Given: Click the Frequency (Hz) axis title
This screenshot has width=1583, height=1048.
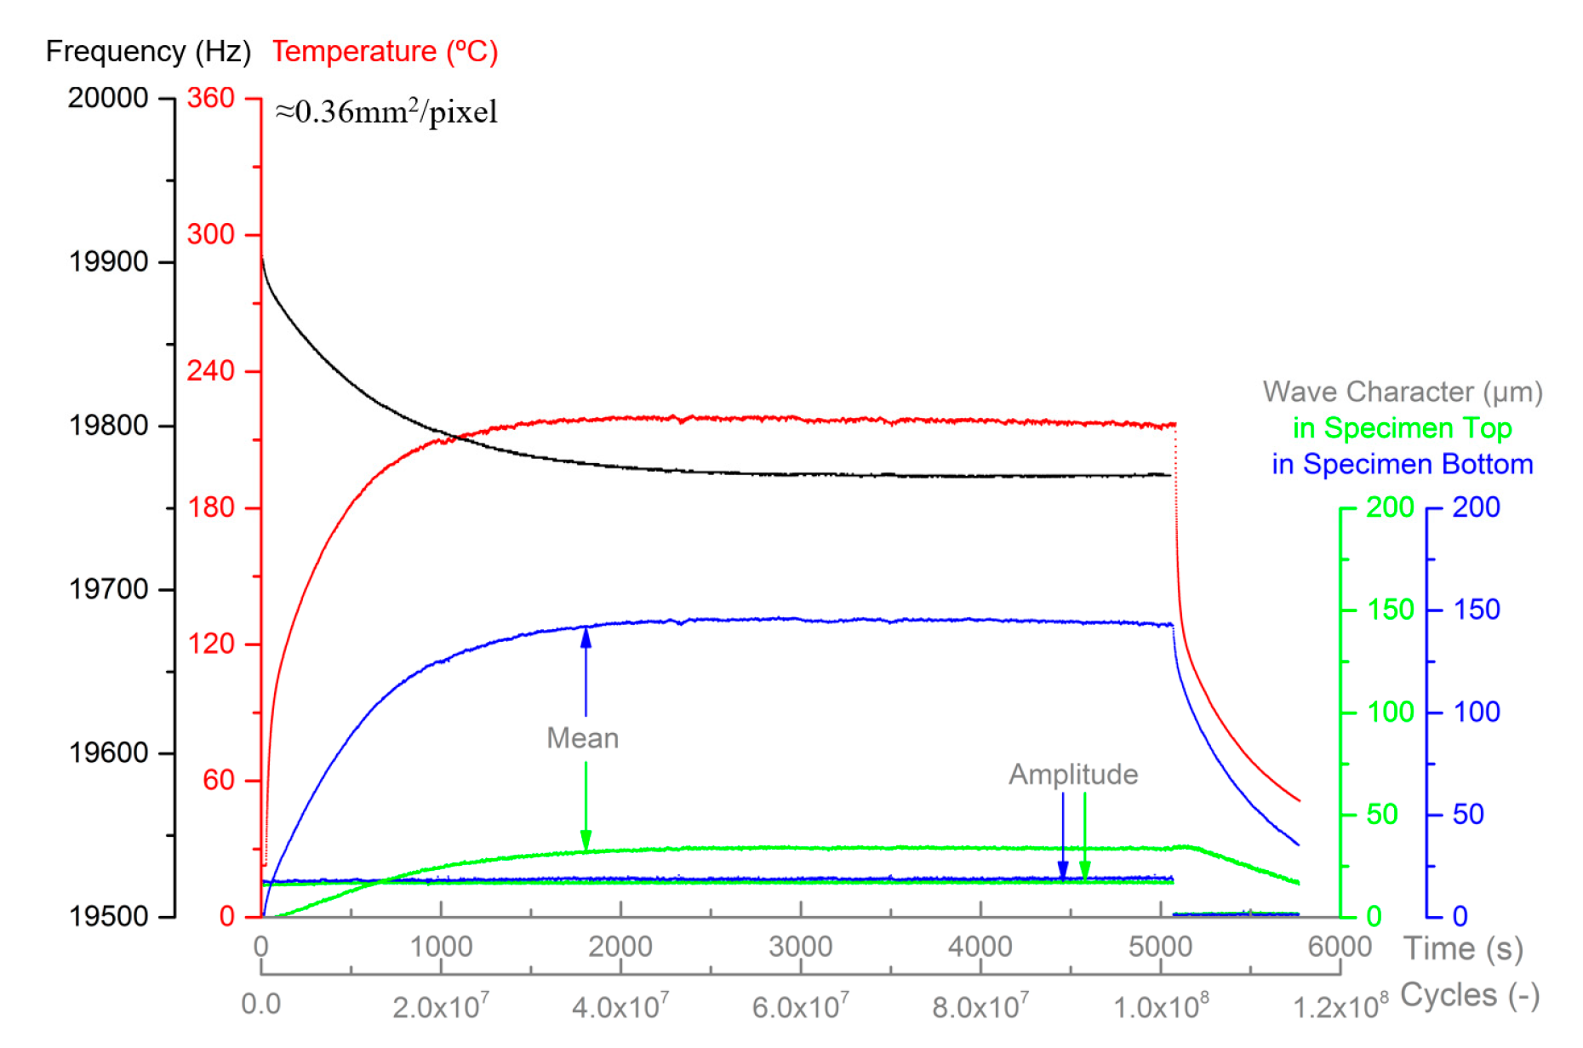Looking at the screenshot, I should (148, 52).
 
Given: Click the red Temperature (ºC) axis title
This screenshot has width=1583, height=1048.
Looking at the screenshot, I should (385, 52).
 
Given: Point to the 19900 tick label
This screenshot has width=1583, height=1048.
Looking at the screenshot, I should (109, 261).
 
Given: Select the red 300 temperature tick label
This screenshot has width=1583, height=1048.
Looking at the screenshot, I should (210, 234).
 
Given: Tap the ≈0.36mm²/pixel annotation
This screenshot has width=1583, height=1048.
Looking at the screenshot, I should (386, 112).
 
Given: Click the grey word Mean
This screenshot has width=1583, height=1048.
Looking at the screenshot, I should (582, 738).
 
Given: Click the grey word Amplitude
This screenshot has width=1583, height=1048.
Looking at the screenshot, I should (1073, 775).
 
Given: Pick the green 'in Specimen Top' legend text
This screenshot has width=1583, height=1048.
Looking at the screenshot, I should (1402, 428).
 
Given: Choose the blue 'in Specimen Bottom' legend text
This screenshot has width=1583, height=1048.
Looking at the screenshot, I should (1402, 465).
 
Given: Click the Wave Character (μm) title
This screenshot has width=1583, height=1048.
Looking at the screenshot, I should (1402, 392).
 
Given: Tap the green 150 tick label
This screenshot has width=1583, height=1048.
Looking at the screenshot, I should (1391, 610).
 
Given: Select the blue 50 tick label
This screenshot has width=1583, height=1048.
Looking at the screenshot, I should (1468, 815).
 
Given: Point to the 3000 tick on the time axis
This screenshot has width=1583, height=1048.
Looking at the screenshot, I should (800, 947).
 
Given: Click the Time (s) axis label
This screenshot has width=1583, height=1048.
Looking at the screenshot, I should (1463, 948).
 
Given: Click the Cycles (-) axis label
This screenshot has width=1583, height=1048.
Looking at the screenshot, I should (1470, 995).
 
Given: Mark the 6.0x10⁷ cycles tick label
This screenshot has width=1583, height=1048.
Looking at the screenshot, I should (800, 1007).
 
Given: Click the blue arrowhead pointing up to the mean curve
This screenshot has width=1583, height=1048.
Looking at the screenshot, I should (586, 637).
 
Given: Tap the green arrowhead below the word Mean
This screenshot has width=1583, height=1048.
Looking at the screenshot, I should (586, 840).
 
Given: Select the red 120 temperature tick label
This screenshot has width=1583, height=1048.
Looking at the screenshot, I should (210, 644).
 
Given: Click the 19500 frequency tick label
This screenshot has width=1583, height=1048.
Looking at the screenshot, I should (109, 917).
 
